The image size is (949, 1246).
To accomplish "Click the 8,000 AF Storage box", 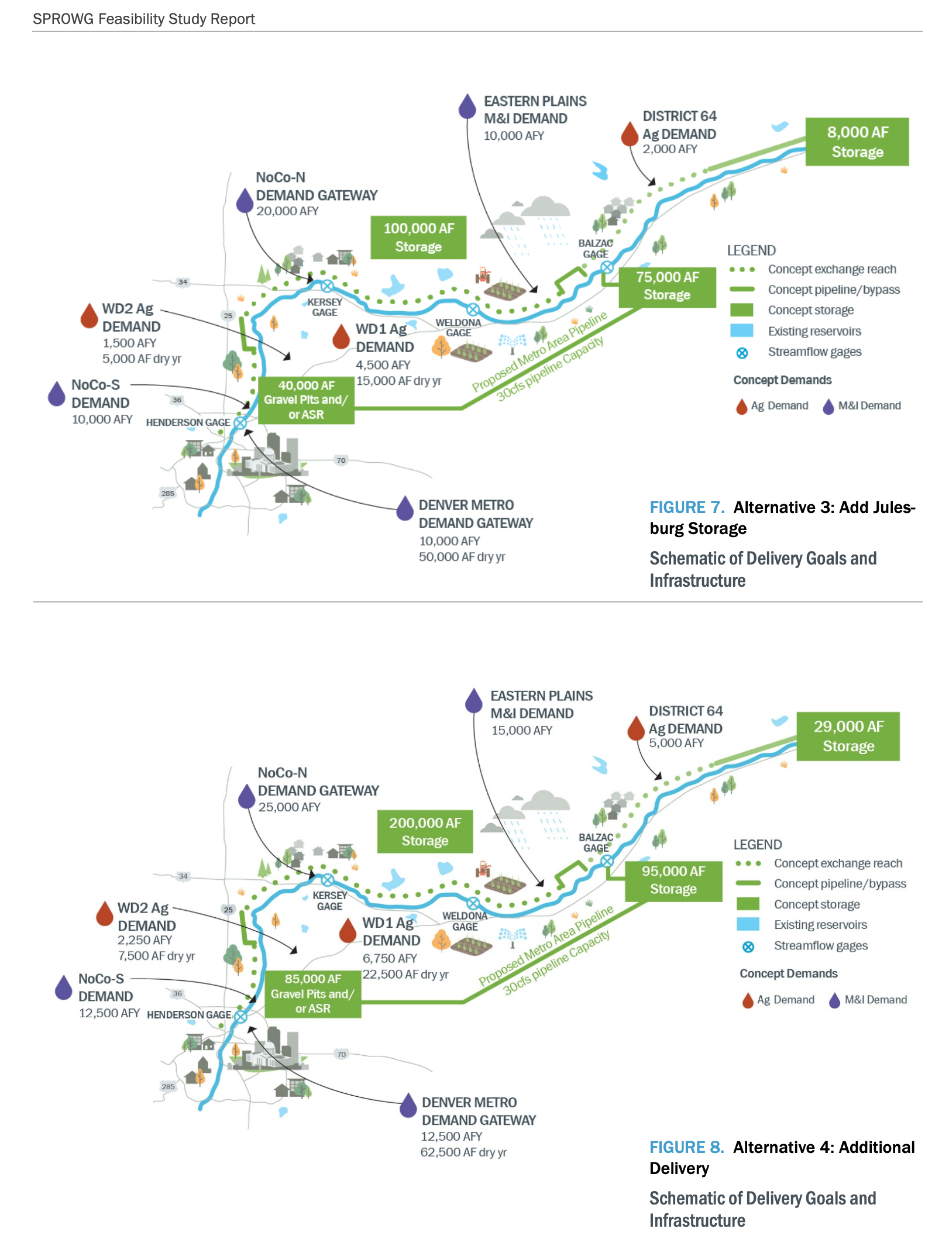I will pyautogui.click(x=857, y=142).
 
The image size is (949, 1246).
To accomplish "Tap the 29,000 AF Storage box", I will pyautogui.click(x=848, y=736).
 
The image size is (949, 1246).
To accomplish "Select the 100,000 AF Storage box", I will pyautogui.click(x=418, y=237).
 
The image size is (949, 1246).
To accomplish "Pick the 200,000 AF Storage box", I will pyautogui.click(x=425, y=831).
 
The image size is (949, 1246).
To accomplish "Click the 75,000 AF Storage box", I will pyautogui.click(x=667, y=285).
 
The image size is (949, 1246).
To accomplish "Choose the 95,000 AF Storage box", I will pyautogui.click(x=673, y=880).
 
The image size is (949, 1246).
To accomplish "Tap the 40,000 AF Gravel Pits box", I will pyautogui.click(x=306, y=400).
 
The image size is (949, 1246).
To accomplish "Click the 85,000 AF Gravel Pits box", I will pyautogui.click(x=312, y=994).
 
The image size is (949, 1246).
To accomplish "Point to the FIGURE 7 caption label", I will pyautogui.click(x=687, y=507).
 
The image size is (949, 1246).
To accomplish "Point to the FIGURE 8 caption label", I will pyautogui.click(x=686, y=1147).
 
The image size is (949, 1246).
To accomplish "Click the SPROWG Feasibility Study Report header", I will pyautogui.click(x=144, y=19).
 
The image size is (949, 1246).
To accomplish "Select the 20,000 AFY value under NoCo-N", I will pyautogui.click(x=287, y=211).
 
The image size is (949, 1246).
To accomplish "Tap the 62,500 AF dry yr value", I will pyautogui.click(x=463, y=1152).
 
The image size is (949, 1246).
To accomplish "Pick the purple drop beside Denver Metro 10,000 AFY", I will pyautogui.click(x=405, y=508).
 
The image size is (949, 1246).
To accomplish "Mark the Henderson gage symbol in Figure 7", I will pyautogui.click(x=240, y=422).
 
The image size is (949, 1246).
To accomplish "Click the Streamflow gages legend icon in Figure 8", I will pyautogui.click(x=748, y=946).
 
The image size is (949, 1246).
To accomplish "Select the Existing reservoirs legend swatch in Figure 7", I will pyautogui.click(x=741, y=331).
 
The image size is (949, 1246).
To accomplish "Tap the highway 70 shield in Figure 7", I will pyautogui.click(x=341, y=460).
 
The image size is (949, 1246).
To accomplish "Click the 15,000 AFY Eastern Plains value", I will pyautogui.click(x=521, y=731).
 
